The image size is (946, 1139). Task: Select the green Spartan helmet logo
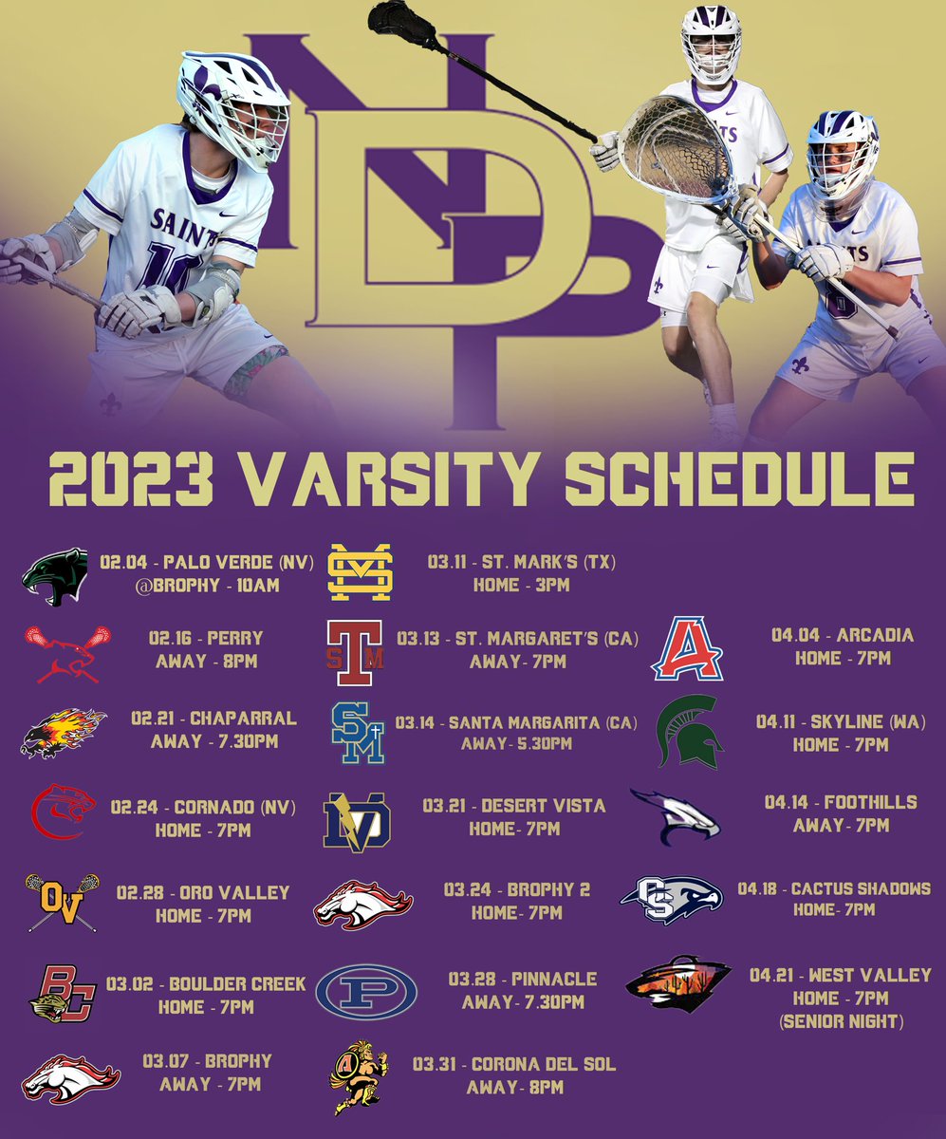coord(690,731)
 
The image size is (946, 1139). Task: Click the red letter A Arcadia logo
coord(687,649)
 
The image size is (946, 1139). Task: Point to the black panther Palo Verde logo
coord(54,576)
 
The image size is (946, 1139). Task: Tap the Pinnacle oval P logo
coord(365,991)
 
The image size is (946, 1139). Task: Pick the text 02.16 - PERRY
coord(206,639)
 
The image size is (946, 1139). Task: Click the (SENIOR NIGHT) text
coord(841,1021)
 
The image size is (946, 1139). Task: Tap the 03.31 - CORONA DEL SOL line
coord(514,1065)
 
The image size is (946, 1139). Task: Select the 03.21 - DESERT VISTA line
coord(513,806)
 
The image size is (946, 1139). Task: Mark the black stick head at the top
coord(399,19)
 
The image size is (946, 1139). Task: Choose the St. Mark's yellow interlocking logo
coord(360,572)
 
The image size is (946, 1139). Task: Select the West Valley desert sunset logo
coord(677,983)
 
